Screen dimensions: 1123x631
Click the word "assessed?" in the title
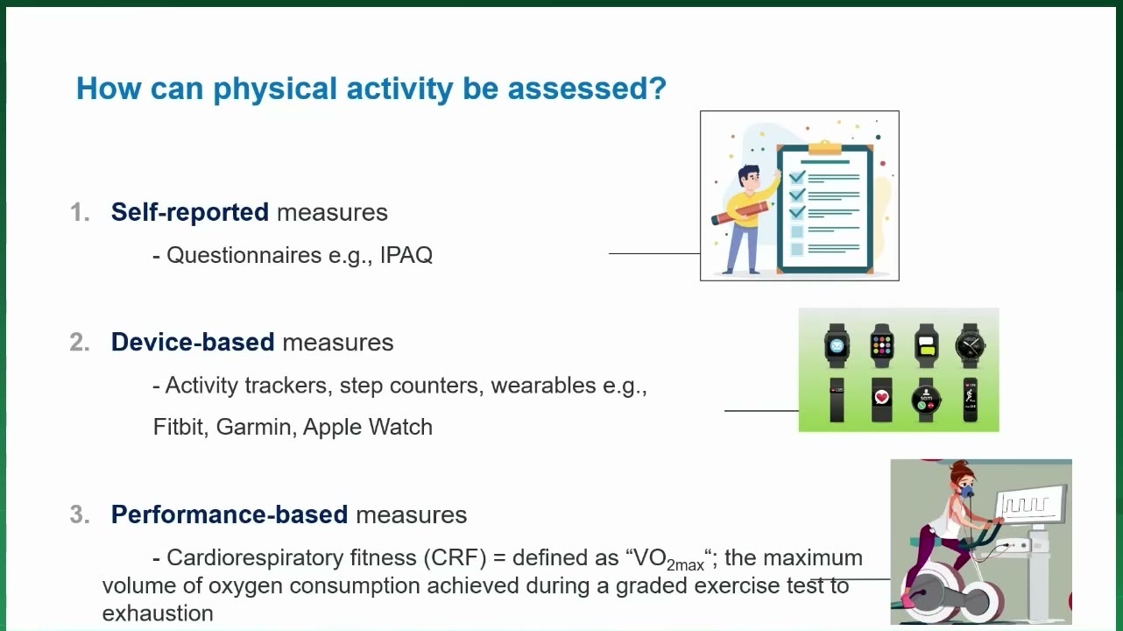pos(587,89)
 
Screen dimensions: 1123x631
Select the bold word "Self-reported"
pos(190,212)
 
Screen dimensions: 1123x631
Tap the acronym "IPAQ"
pos(406,255)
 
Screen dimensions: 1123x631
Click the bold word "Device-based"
pos(193,342)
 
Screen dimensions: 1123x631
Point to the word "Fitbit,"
pos(181,428)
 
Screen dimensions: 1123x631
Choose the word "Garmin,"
pos(256,428)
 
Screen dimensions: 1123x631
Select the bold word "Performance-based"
pos(230,514)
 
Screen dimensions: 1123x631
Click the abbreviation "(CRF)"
pos(456,557)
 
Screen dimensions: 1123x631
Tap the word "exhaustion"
pos(158,613)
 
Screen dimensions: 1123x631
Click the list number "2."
pos(80,342)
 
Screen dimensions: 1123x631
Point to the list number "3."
pos(80,514)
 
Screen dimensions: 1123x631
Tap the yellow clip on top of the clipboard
pos(824,148)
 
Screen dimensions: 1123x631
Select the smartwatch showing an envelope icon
pos(837,345)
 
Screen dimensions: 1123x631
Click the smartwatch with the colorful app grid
pos(882,345)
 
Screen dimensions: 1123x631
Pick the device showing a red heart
pos(882,400)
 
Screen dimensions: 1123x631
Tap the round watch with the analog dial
pos(971,345)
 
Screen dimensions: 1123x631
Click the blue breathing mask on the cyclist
pos(966,489)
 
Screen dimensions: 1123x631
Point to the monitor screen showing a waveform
pos(1028,502)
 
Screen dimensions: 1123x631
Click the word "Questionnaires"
pos(244,255)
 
